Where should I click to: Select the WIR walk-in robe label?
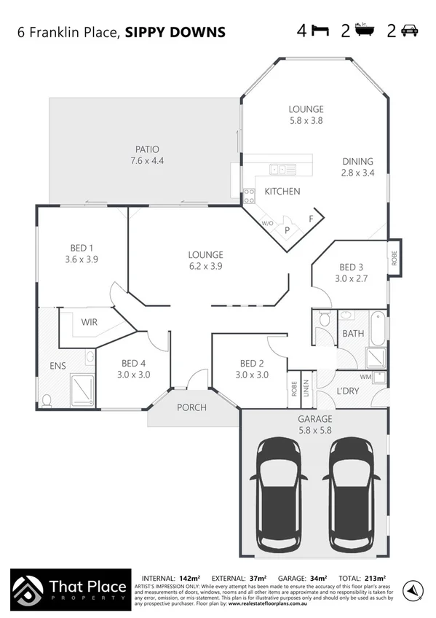89,321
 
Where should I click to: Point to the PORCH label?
192,407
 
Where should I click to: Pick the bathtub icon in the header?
364,31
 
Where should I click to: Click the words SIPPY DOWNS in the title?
175,32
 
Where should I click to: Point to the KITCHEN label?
282,192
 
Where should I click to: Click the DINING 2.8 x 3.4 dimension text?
357,173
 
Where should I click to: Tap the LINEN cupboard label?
306,389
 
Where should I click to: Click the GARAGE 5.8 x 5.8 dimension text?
314,430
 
